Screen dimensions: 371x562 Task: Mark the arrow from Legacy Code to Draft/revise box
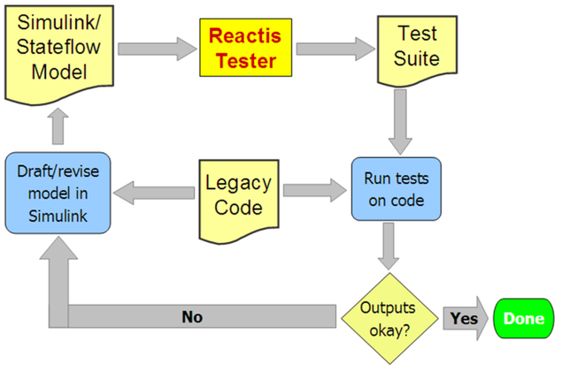pos(158,187)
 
